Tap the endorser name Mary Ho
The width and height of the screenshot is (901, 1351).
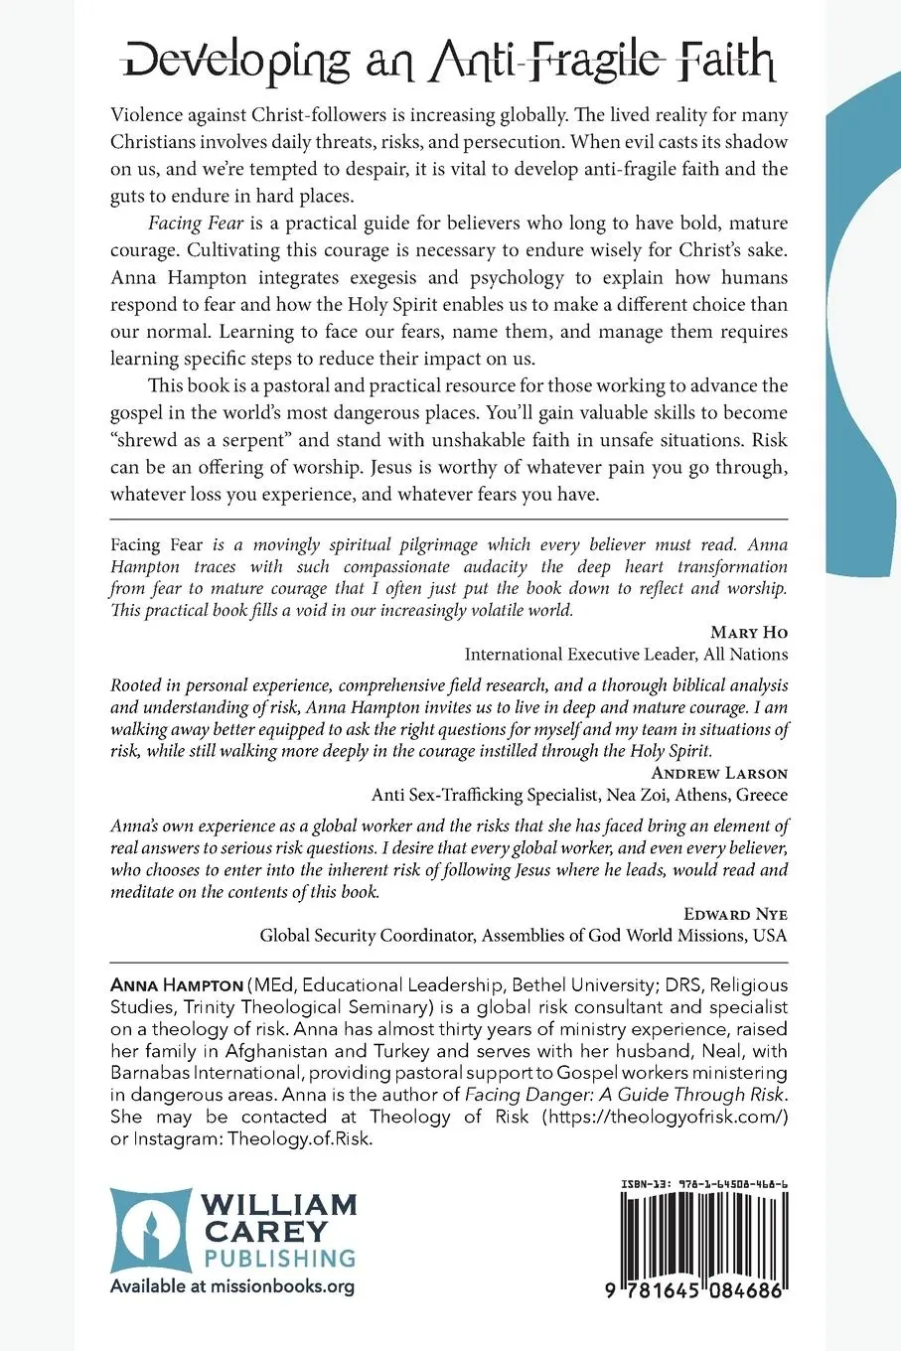(749, 632)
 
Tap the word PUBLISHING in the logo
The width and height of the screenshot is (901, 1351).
(279, 1258)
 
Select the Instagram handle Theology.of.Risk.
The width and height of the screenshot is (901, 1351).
(300, 1138)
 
